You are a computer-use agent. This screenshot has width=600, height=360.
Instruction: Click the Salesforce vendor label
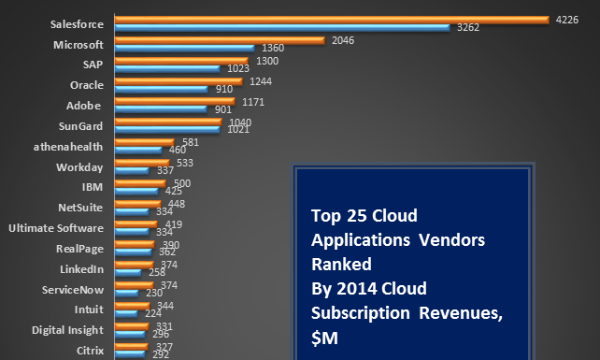point(77,24)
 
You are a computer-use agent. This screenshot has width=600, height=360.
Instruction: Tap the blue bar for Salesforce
point(281,28)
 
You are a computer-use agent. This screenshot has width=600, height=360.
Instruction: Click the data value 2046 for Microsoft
point(339,40)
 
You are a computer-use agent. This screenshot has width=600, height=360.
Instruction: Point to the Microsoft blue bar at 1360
point(183,48)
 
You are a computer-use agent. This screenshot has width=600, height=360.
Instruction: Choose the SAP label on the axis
point(93,65)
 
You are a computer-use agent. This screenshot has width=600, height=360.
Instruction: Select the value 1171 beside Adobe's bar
point(254,101)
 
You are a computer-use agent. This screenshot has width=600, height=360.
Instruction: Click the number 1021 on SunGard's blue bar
point(236,130)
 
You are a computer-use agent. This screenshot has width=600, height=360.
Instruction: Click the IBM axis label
point(93,187)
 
